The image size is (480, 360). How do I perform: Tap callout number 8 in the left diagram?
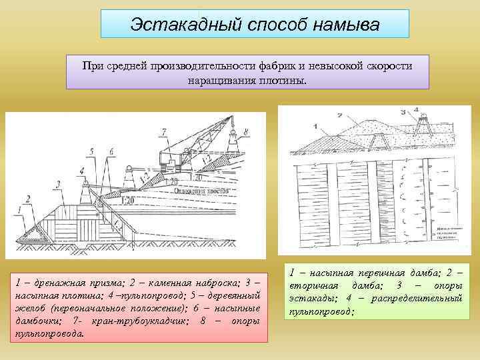[x=246, y=133]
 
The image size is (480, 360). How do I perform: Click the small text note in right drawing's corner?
[x=445, y=231]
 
